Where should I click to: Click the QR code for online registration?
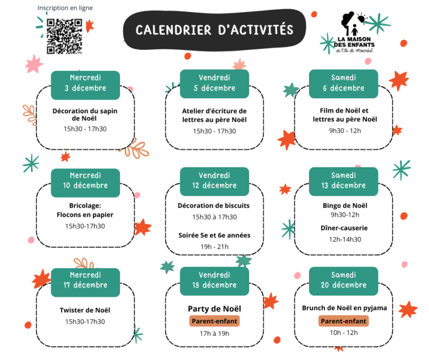(x=64, y=36)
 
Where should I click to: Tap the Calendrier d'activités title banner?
(x=214, y=30)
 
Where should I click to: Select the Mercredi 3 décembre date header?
(x=85, y=83)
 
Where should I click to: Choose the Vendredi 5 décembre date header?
(x=214, y=83)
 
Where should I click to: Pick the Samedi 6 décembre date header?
(x=344, y=83)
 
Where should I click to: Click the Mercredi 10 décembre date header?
(x=85, y=181)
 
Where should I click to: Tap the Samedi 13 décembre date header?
(x=344, y=181)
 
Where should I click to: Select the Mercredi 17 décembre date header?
(x=85, y=280)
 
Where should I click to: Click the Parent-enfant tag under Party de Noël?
(x=214, y=321)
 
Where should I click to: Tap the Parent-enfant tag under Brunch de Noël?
(x=344, y=321)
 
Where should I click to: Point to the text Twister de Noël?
(x=85, y=310)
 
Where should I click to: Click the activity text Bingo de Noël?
(x=344, y=205)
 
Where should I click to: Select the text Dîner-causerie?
(x=344, y=228)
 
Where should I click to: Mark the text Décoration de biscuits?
(x=214, y=205)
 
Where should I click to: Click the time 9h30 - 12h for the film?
(x=344, y=130)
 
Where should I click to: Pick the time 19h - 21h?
(x=214, y=246)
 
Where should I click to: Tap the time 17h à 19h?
(x=214, y=333)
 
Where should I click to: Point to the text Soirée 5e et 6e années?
(x=214, y=235)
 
